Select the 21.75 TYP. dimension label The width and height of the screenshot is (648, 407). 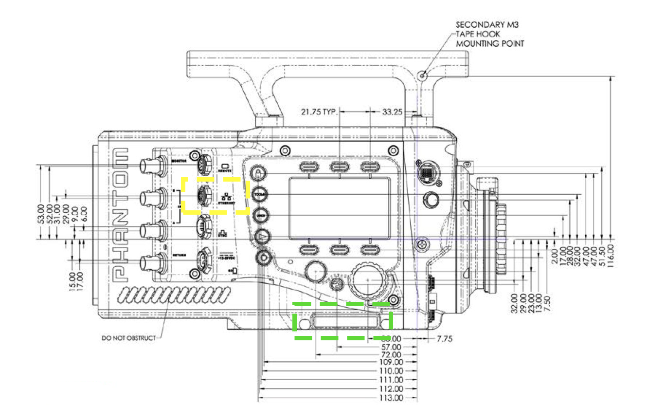320,111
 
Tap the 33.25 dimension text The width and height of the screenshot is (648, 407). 392,111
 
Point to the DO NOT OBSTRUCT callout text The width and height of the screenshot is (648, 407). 128,337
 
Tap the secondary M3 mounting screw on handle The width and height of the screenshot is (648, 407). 423,75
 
